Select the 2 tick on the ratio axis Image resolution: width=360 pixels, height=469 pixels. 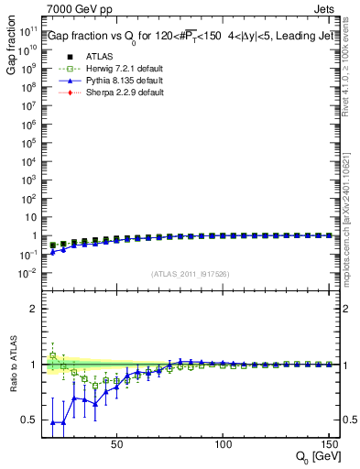tap(35, 309)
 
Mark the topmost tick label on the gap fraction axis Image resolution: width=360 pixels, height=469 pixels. tap(28, 29)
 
